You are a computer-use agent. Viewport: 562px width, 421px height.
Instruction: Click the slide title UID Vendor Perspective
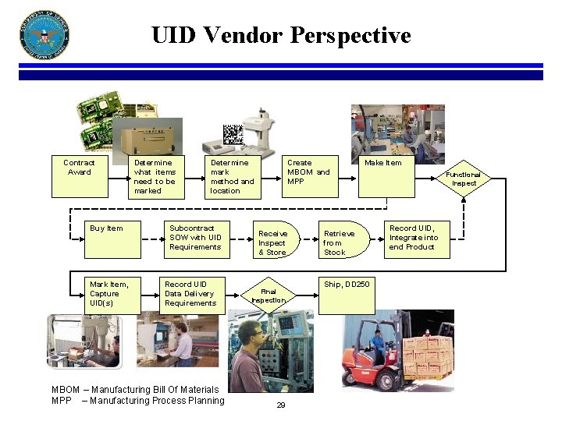point(281,35)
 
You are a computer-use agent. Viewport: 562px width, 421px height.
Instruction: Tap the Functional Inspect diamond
point(464,179)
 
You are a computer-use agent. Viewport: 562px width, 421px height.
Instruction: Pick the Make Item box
point(383,175)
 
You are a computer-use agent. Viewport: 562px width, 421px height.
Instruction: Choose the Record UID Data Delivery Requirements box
point(190,294)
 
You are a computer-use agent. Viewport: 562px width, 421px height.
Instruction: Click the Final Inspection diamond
point(269,295)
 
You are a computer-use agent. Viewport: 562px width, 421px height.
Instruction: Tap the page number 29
point(280,405)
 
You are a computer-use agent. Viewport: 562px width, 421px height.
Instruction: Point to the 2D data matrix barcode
point(233,135)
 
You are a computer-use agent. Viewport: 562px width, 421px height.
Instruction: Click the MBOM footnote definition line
point(135,389)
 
